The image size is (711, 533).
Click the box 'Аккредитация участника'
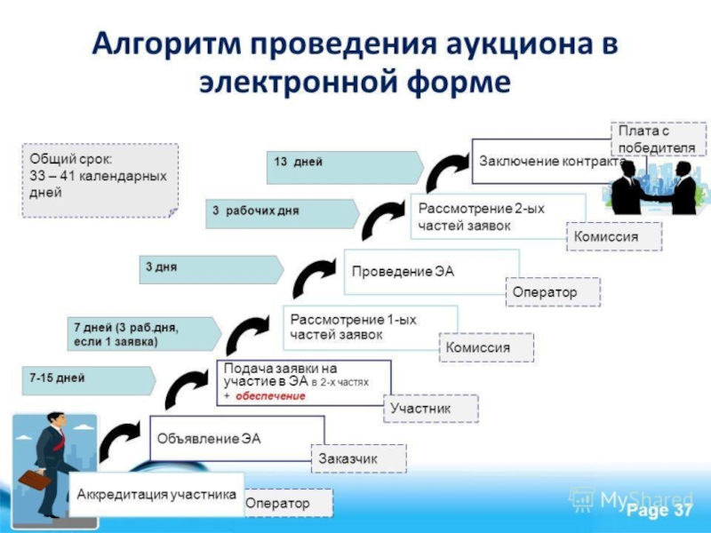pos(156,494)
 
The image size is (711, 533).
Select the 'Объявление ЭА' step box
pos(237,438)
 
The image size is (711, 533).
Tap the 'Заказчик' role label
pos(359,458)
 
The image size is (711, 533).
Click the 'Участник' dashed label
pos(431,409)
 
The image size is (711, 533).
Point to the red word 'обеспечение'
pos(270,396)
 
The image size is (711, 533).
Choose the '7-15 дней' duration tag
pos(89,381)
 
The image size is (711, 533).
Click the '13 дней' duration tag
pos(345,167)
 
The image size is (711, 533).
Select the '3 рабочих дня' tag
pos(282,213)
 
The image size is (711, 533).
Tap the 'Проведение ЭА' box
pos(431,272)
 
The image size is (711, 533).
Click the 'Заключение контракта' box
pos(544,162)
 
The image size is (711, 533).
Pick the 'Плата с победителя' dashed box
pos(659,139)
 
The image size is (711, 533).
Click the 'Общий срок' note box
pos(100,180)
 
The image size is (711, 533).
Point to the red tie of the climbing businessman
pos(60,440)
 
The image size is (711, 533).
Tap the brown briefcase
pos(35,480)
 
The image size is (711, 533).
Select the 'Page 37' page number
pos(659,510)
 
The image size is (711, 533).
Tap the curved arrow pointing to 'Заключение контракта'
pos(447,172)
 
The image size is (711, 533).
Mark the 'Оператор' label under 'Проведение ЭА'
pos(553,292)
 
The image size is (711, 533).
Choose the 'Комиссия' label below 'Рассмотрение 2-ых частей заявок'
pos(614,236)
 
